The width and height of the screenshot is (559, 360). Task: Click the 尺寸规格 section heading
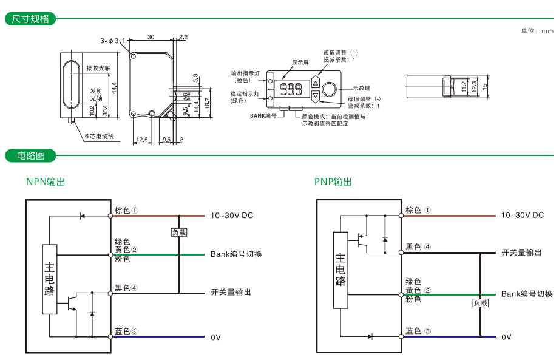pyautogui.click(x=30, y=19)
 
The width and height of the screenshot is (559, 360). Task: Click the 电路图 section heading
pyautogui.click(x=30, y=156)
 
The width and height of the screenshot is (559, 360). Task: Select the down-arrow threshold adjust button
pyautogui.click(x=315, y=95)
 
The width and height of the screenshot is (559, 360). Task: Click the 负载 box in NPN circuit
pyautogui.click(x=179, y=233)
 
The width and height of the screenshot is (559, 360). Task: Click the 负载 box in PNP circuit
pyautogui.click(x=480, y=303)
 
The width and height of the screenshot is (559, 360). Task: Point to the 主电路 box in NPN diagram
pyautogui.click(x=50, y=279)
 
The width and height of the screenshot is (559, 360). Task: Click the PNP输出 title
pyautogui.click(x=333, y=182)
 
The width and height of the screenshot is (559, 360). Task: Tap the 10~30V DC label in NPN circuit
pyautogui.click(x=231, y=216)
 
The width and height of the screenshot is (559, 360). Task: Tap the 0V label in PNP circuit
pyautogui.click(x=506, y=337)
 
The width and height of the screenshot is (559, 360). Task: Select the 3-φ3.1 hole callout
pyautogui.click(x=112, y=41)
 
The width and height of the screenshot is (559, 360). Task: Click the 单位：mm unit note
pyautogui.click(x=537, y=31)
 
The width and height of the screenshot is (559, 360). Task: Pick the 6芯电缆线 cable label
pyautogui.click(x=99, y=137)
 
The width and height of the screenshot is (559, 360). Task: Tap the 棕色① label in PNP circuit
pyautogui.click(x=418, y=210)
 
